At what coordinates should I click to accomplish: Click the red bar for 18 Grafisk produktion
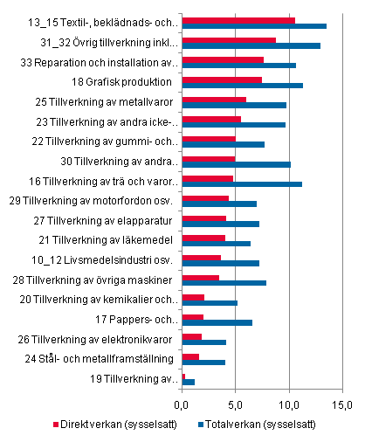(222, 80)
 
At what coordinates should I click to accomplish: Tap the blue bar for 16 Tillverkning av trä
(242, 184)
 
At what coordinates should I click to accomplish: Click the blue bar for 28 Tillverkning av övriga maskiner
(224, 283)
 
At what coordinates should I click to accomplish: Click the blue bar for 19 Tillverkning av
(188, 382)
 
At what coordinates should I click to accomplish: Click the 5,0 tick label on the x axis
(236, 404)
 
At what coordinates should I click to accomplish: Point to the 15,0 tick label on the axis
(342, 404)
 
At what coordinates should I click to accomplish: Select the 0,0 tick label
(182, 404)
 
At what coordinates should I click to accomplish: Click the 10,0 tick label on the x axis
(289, 404)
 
